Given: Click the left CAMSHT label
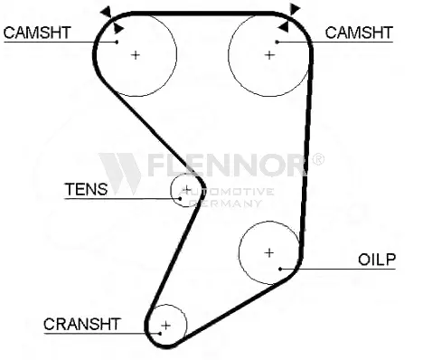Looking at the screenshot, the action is (37, 33).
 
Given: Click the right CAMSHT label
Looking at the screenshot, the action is (359, 33).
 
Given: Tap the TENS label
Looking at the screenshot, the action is (86, 189).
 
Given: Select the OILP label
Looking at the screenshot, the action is (377, 260).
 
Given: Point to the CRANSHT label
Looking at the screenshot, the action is (82, 324).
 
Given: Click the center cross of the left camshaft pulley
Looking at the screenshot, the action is (136, 55).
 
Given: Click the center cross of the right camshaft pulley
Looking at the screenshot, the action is (269, 55).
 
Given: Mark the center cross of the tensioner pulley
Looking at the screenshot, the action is (187, 189).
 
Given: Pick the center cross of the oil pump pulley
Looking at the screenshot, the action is (268, 252).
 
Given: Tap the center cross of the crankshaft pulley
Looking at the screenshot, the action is (166, 326).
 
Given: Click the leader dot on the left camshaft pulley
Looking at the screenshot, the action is (117, 42).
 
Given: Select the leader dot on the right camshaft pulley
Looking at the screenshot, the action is (277, 42).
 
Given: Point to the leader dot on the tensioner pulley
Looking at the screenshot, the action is (180, 198).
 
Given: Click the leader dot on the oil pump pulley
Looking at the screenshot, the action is (280, 269).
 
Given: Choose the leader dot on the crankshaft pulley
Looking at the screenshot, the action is (160, 333).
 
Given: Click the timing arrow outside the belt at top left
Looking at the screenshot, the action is (107, 12).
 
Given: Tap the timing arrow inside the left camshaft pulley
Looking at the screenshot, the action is (118, 28).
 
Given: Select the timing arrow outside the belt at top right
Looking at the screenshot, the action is (295, 9).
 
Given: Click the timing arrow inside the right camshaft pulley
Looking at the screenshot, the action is (283, 27).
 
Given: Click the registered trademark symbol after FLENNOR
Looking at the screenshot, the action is (317, 159).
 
